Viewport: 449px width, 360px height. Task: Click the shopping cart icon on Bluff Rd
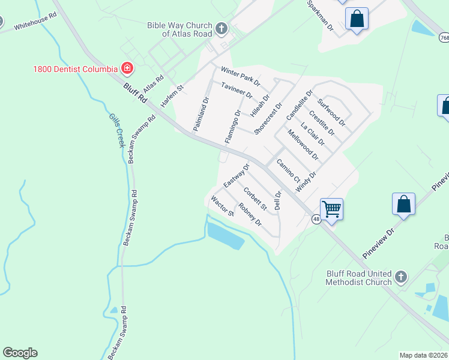(x=331, y=209)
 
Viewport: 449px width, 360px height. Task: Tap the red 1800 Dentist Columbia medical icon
(x=127, y=68)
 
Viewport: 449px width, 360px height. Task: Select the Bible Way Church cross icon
(x=221, y=28)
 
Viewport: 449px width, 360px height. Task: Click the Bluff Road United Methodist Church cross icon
(x=400, y=277)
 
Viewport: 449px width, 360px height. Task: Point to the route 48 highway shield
(x=316, y=220)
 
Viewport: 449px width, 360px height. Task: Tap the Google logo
(x=20, y=353)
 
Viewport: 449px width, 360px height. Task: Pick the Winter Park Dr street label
(x=240, y=76)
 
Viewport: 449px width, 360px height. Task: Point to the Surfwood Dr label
(x=332, y=112)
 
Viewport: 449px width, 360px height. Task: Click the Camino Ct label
(x=288, y=172)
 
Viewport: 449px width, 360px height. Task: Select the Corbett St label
(x=255, y=199)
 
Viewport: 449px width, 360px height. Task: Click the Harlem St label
(x=171, y=96)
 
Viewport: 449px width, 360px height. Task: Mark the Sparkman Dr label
(x=319, y=16)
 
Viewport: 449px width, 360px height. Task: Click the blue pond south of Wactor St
(x=225, y=235)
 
